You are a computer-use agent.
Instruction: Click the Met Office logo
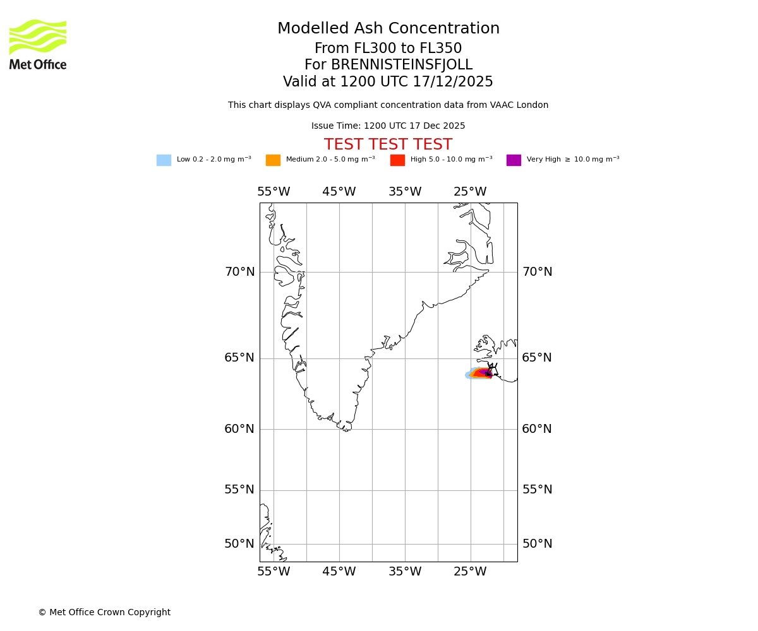pos(38,44)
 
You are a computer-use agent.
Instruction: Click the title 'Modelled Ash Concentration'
pos(388,29)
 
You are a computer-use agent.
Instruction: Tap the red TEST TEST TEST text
pos(388,144)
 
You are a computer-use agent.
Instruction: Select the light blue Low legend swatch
pos(164,160)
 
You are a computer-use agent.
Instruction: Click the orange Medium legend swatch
pos(273,160)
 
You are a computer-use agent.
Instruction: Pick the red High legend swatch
pos(397,160)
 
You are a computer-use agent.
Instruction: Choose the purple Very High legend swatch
pos(514,160)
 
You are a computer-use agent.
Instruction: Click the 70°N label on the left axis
pos(239,272)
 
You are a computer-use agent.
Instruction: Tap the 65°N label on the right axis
pos(537,358)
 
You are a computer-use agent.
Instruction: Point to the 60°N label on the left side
pos(239,429)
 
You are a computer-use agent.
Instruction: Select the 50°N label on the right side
pos(537,544)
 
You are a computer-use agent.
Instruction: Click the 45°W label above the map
pos(339,192)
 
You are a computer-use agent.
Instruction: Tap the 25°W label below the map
pos(470,572)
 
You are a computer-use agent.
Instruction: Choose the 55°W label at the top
pos(274,192)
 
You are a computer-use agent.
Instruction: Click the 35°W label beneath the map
pos(405,572)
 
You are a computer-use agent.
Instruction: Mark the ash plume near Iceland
pos(479,374)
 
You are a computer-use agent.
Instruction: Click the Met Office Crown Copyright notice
pos(104,612)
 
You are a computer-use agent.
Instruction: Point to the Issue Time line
pos(388,126)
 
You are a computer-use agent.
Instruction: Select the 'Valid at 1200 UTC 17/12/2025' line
pos(388,82)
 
